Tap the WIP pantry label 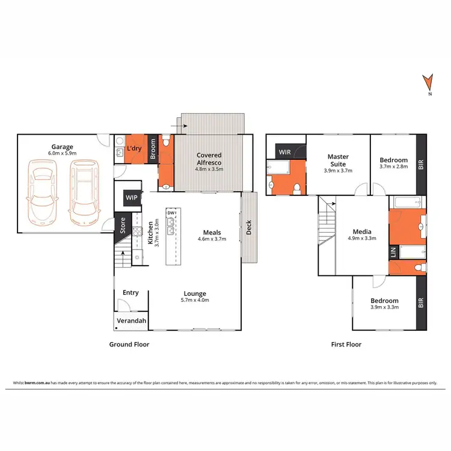click(x=131, y=196)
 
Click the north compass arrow click(x=428, y=82)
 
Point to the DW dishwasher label click(x=171, y=213)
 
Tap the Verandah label click(x=131, y=322)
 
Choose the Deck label click(x=250, y=228)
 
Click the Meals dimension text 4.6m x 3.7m click(x=212, y=239)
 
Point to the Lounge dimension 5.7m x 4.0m click(x=195, y=301)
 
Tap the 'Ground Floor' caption click(x=129, y=345)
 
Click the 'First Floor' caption click(x=346, y=345)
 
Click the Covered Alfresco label click(x=209, y=159)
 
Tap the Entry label click(x=130, y=293)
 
